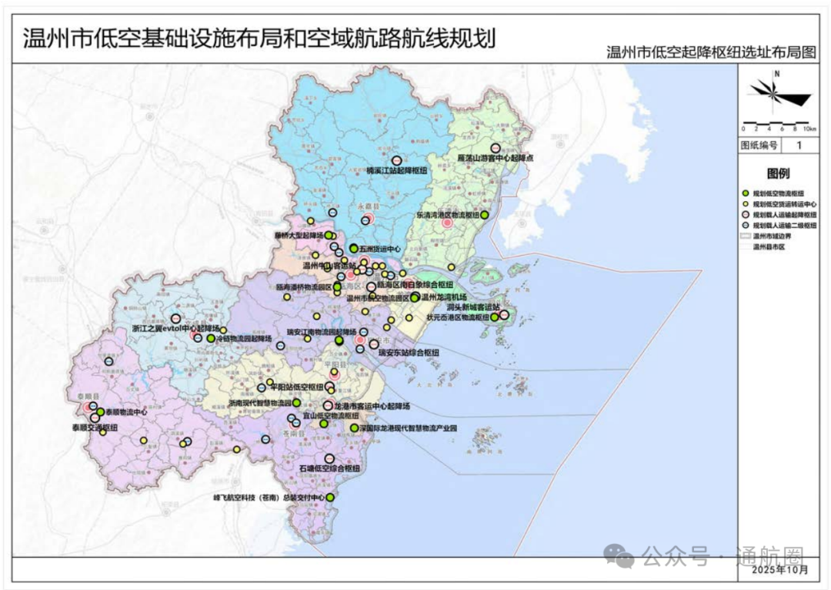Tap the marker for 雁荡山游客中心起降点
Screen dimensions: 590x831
(496, 148)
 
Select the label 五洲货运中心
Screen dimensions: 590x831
(380, 249)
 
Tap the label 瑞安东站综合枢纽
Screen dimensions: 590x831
(409, 353)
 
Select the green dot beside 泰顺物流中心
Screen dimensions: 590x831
(100, 412)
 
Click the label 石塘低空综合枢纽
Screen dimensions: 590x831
(330, 468)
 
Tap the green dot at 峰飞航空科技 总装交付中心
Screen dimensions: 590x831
(330, 498)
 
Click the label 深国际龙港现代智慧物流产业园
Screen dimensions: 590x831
(409, 427)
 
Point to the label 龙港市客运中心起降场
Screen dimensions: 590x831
(372, 405)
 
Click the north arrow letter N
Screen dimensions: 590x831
(777, 74)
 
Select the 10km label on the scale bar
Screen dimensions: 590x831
(809, 129)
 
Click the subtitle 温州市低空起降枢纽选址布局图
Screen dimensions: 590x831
(710, 52)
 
